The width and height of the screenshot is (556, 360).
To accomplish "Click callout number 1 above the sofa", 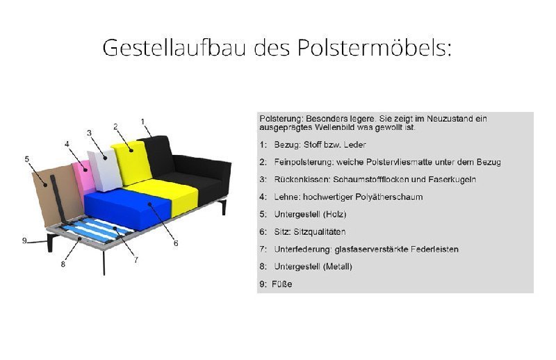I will click(142, 122).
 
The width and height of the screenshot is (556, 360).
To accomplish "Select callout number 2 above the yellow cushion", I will click(115, 126).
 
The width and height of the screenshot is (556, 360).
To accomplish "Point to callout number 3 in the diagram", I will click(89, 132).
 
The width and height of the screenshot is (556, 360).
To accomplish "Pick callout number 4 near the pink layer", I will click(67, 144).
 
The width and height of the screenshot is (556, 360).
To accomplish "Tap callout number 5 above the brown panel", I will click(26, 159).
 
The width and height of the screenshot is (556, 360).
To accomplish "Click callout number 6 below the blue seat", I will click(176, 243).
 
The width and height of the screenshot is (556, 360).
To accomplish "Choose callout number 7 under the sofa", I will click(136, 259).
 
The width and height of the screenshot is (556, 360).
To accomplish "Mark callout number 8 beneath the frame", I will click(63, 263).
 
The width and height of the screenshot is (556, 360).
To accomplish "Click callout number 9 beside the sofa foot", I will click(24, 240).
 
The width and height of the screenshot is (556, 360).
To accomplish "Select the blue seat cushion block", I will click(125, 205).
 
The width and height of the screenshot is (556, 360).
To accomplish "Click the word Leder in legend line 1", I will click(354, 145).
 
